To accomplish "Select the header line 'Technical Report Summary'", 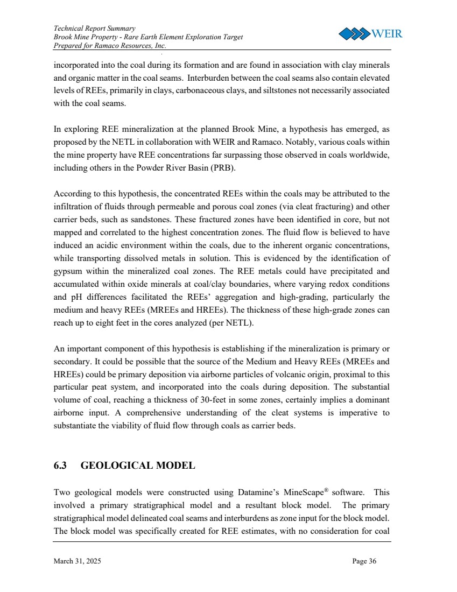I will click(87, 27).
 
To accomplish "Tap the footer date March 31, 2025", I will click(77, 561).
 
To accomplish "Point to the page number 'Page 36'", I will click(364, 561).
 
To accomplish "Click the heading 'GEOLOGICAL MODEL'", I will click(137, 466).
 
